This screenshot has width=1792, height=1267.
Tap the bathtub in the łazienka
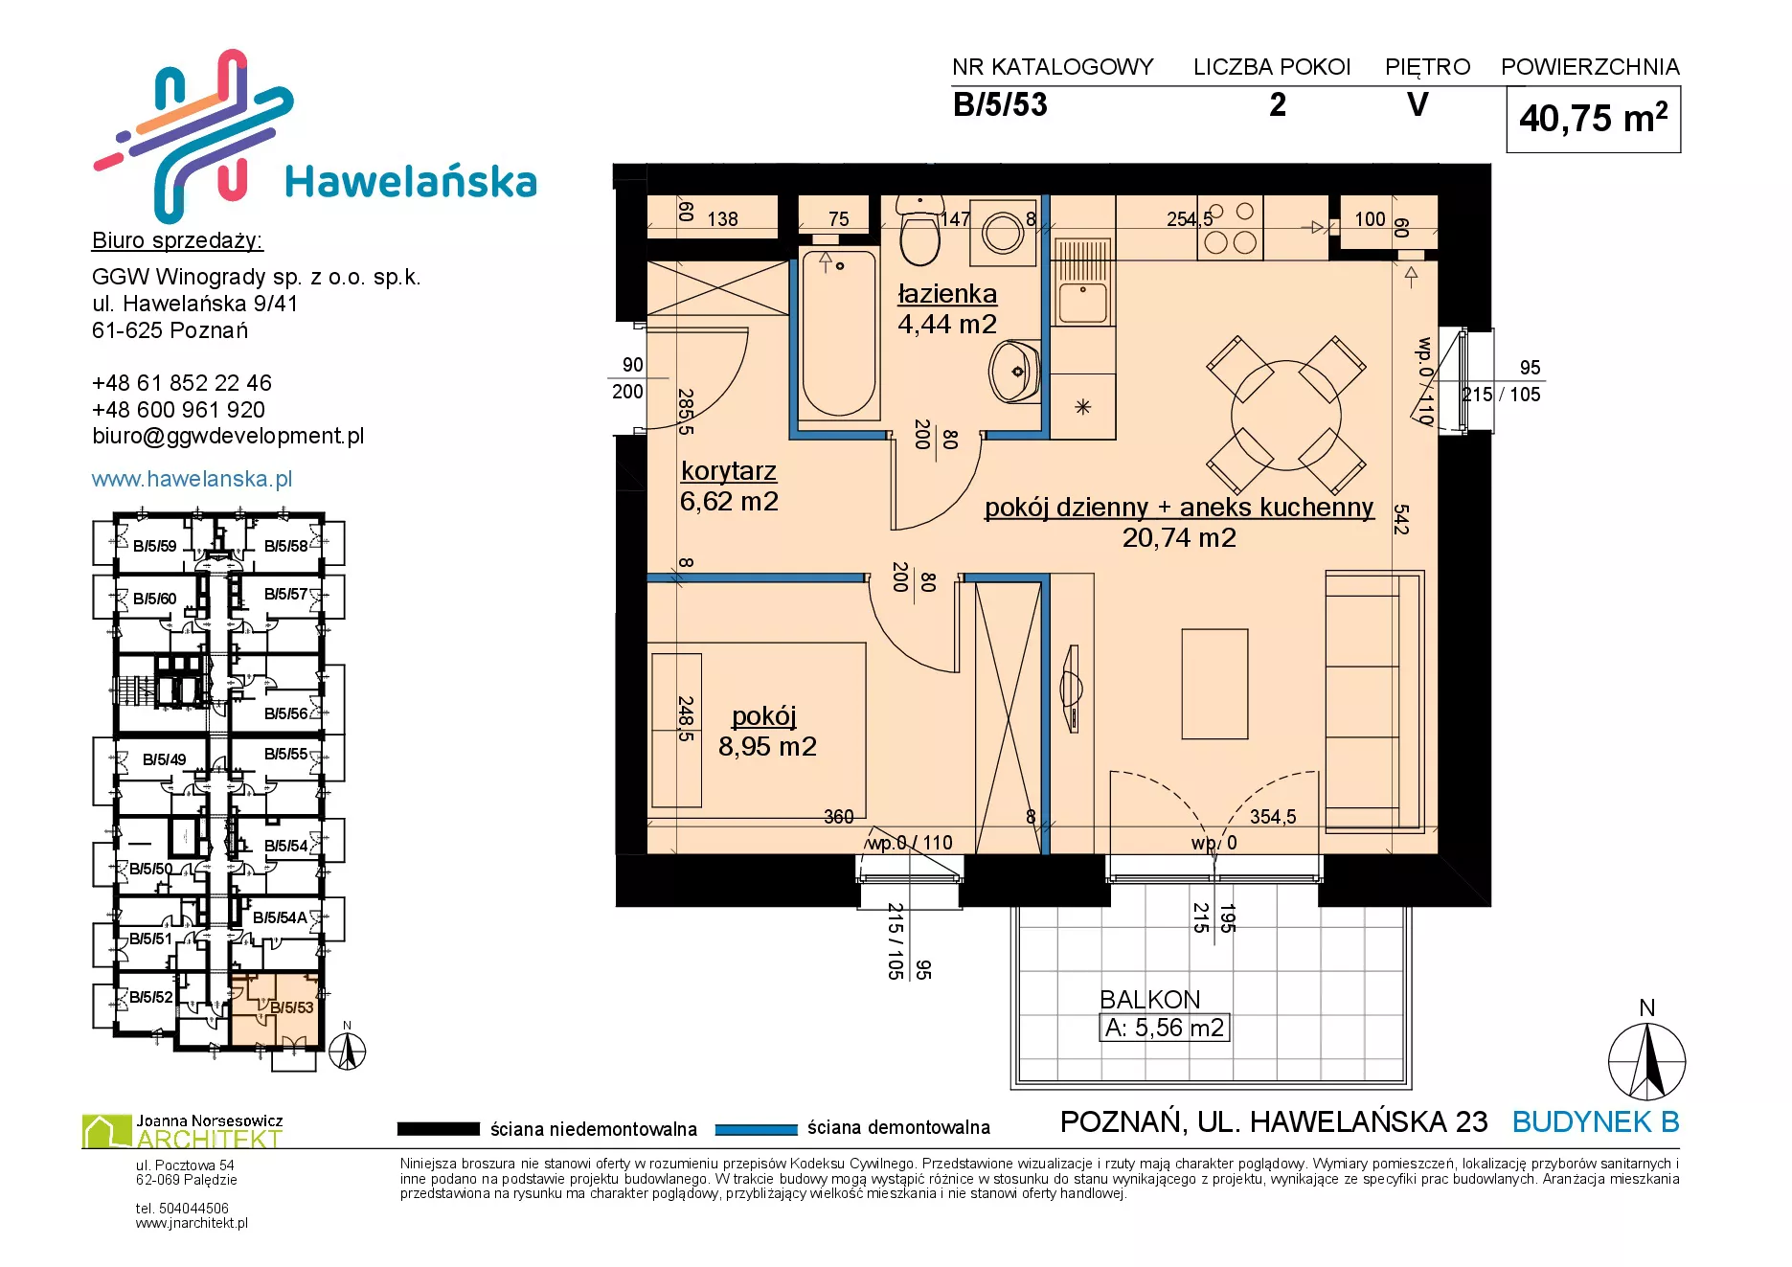(839, 334)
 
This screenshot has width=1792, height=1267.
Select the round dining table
(1285, 415)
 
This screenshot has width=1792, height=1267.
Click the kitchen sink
(1082, 304)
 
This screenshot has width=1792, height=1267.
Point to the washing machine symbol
(1003, 233)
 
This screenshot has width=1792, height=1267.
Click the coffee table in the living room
(1214, 684)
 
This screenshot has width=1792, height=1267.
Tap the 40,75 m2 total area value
(1593, 119)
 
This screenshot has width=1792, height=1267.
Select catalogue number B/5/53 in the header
(1000, 104)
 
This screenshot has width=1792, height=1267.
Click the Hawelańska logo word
(411, 181)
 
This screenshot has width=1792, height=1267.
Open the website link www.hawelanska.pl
(192, 479)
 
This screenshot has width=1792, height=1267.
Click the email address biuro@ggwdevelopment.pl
(228, 436)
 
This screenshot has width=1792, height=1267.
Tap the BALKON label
(1149, 999)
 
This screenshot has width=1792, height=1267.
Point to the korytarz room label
(729, 471)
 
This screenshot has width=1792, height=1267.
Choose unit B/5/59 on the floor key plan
(154, 546)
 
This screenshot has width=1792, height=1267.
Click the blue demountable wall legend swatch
(756, 1129)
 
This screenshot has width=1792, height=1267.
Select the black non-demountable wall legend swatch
(438, 1129)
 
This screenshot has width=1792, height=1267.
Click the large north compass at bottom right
(1646, 1061)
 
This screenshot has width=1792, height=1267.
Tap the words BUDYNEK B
(1596, 1121)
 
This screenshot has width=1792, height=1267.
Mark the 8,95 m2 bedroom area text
(767, 746)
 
